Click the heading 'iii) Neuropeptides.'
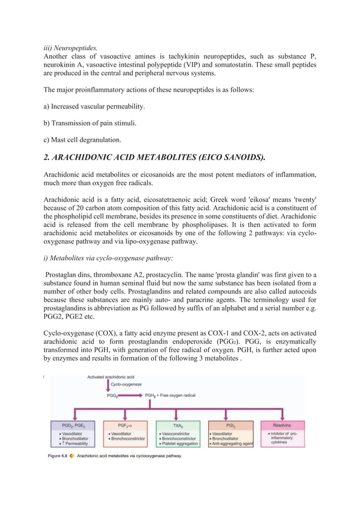pyautogui.click(x=71, y=48)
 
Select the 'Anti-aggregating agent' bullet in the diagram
pyautogui.click(x=232, y=444)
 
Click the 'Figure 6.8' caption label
pyautogui.click(x=59, y=456)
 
